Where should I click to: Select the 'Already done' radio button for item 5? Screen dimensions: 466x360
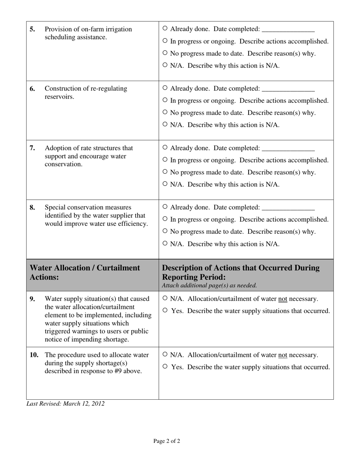click(x=165, y=29)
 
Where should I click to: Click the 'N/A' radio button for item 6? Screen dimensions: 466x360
click(x=165, y=124)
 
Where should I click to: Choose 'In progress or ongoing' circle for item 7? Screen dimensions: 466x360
click(x=165, y=160)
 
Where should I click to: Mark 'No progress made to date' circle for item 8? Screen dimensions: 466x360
click(x=165, y=231)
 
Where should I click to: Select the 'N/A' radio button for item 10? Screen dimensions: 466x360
click(x=165, y=355)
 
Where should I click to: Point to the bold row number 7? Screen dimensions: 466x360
click(x=33, y=148)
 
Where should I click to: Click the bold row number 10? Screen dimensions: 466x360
click(x=34, y=355)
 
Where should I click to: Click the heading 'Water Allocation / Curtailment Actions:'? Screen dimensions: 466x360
click(x=85, y=272)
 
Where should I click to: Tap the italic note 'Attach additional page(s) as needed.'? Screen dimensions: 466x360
click(x=209, y=286)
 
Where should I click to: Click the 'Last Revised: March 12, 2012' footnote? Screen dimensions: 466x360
click(x=65, y=404)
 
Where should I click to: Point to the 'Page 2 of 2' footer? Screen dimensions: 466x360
click(x=166, y=441)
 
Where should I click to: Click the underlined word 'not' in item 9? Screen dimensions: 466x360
click(x=283, y=299)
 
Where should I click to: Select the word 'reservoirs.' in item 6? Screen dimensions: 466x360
click(x=59, y=97)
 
